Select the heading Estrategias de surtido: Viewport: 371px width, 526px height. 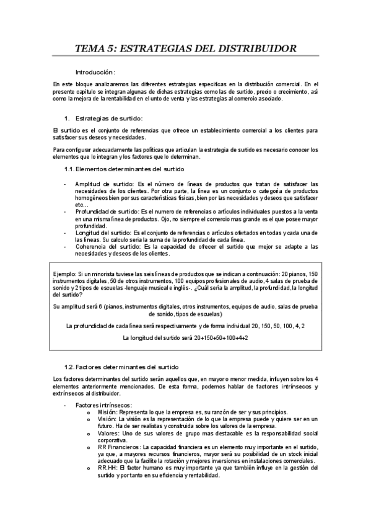(108, 118)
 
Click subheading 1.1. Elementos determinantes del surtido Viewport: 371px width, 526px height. (124, 169)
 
